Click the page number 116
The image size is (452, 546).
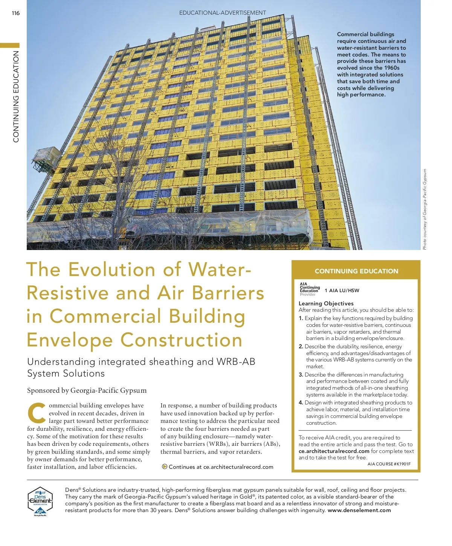15,13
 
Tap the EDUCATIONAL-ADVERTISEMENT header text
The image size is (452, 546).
222,13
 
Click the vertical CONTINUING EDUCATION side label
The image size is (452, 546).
16,97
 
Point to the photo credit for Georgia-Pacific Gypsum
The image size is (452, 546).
425,209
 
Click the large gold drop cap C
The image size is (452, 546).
37,413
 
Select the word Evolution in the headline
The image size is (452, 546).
112,270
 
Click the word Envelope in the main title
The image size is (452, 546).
70,340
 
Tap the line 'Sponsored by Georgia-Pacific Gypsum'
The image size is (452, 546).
87,390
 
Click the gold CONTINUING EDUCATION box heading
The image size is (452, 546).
356,271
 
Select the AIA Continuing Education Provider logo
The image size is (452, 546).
309,289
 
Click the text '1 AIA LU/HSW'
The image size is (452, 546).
342,290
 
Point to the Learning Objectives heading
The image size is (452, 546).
326,304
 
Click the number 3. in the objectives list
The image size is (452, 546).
301,375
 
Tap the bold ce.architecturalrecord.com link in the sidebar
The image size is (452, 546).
334,451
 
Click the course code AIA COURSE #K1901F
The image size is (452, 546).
389,464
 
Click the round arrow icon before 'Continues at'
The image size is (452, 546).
165,467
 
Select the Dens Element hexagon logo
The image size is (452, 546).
40,501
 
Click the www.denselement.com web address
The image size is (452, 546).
359,510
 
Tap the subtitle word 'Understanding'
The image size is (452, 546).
61,362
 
